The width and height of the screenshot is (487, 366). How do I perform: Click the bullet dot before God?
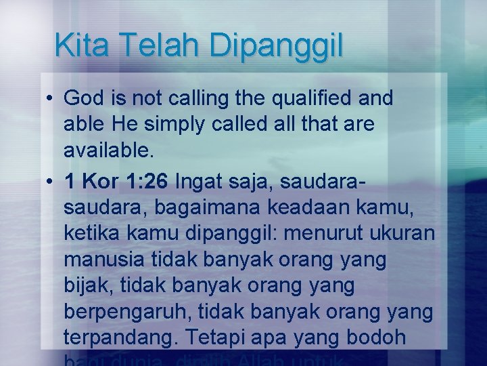coord(51,99)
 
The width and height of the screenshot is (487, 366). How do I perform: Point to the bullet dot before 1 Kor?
coord(51,182)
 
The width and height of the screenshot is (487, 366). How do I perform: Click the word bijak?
coord(88,287)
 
